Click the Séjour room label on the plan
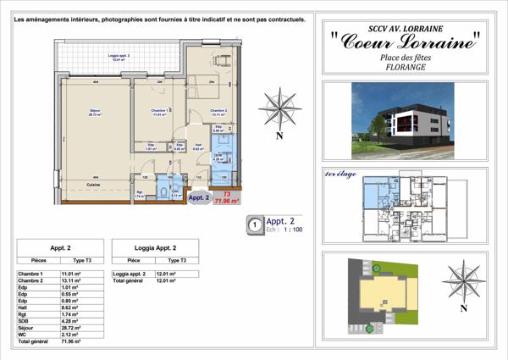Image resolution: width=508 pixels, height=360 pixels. click(95, 111)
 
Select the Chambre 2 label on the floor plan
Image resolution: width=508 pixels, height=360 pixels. click(220, 111)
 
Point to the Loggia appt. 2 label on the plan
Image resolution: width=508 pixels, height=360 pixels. click(124, 58)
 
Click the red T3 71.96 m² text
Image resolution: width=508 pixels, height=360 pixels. click(227, 198)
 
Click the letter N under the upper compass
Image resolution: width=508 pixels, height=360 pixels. click(279, 136)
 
